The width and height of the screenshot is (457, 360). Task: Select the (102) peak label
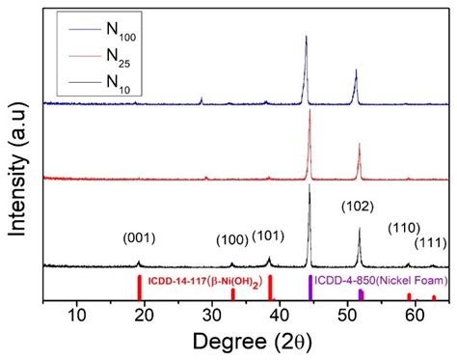(360, 206)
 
